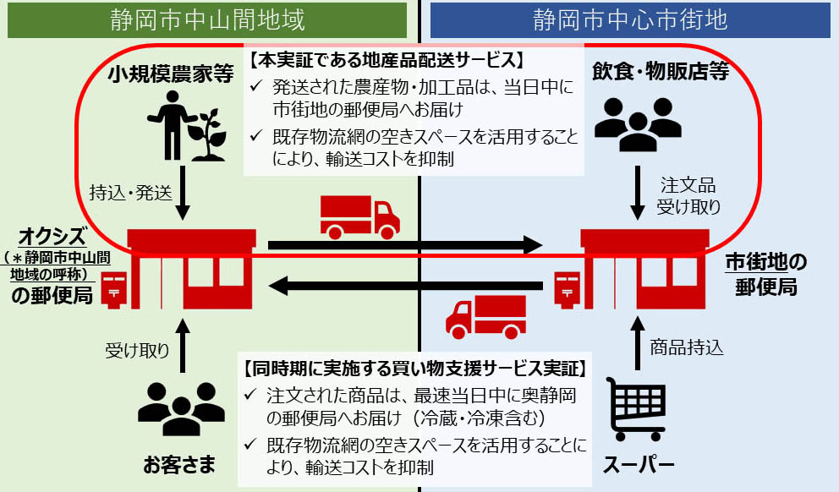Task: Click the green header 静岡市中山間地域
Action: [x=207, y=19]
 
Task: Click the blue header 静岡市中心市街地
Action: [x=630, y=19]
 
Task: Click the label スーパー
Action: [x=639, y=465]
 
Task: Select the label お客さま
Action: [x=178, y=465]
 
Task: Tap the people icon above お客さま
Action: [x=178, y=405]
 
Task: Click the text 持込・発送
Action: [x=131, y=192]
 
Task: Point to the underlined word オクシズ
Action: [x=52, y=232]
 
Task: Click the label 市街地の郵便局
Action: [x=765, y=275]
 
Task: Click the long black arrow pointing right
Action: [x=404, y=246]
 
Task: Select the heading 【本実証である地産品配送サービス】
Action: [x=388, y=61]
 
